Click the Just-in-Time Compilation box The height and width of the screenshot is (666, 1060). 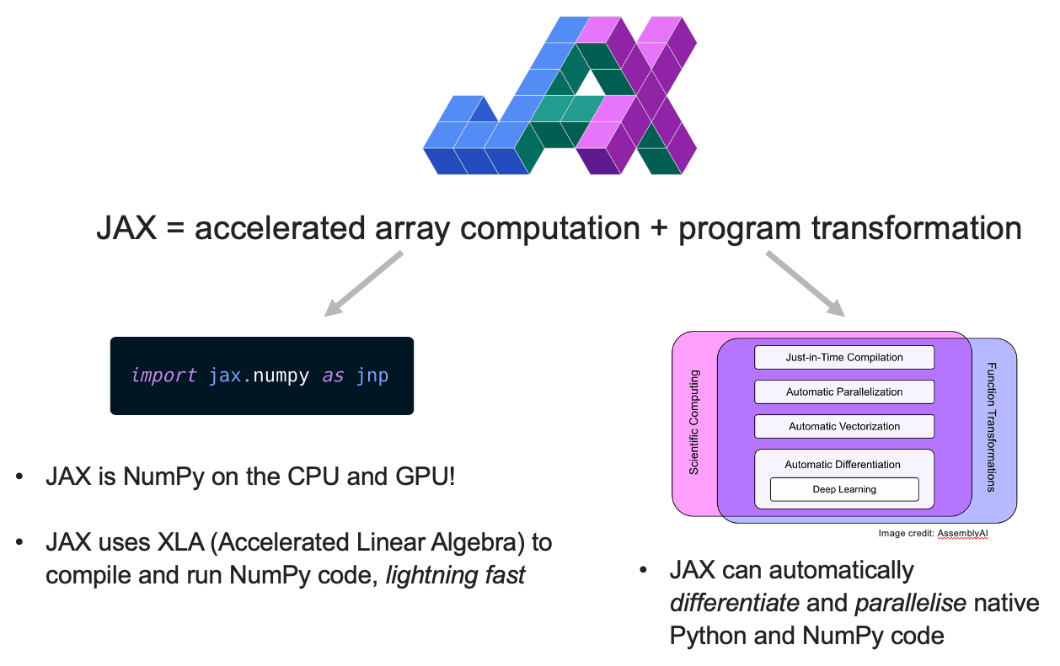tap(844, 357)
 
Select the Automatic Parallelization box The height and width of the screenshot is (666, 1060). tap(844, 392)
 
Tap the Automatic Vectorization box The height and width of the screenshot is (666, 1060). tap(844, 426)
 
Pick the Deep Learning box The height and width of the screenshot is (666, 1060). tap(844, 489)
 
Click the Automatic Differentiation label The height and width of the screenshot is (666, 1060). tap(843, 464)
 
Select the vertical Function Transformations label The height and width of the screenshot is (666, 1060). tap(992, 427)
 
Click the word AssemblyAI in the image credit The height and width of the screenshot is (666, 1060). tap(962, 533)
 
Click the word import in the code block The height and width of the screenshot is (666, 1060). tap(163, 376)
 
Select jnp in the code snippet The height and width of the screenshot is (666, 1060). tap(372, 376)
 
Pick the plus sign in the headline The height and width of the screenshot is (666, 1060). tap(658, 228)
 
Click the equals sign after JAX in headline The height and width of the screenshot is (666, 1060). tap(175, 228)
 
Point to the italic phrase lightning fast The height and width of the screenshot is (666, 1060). tap(457, 575)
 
